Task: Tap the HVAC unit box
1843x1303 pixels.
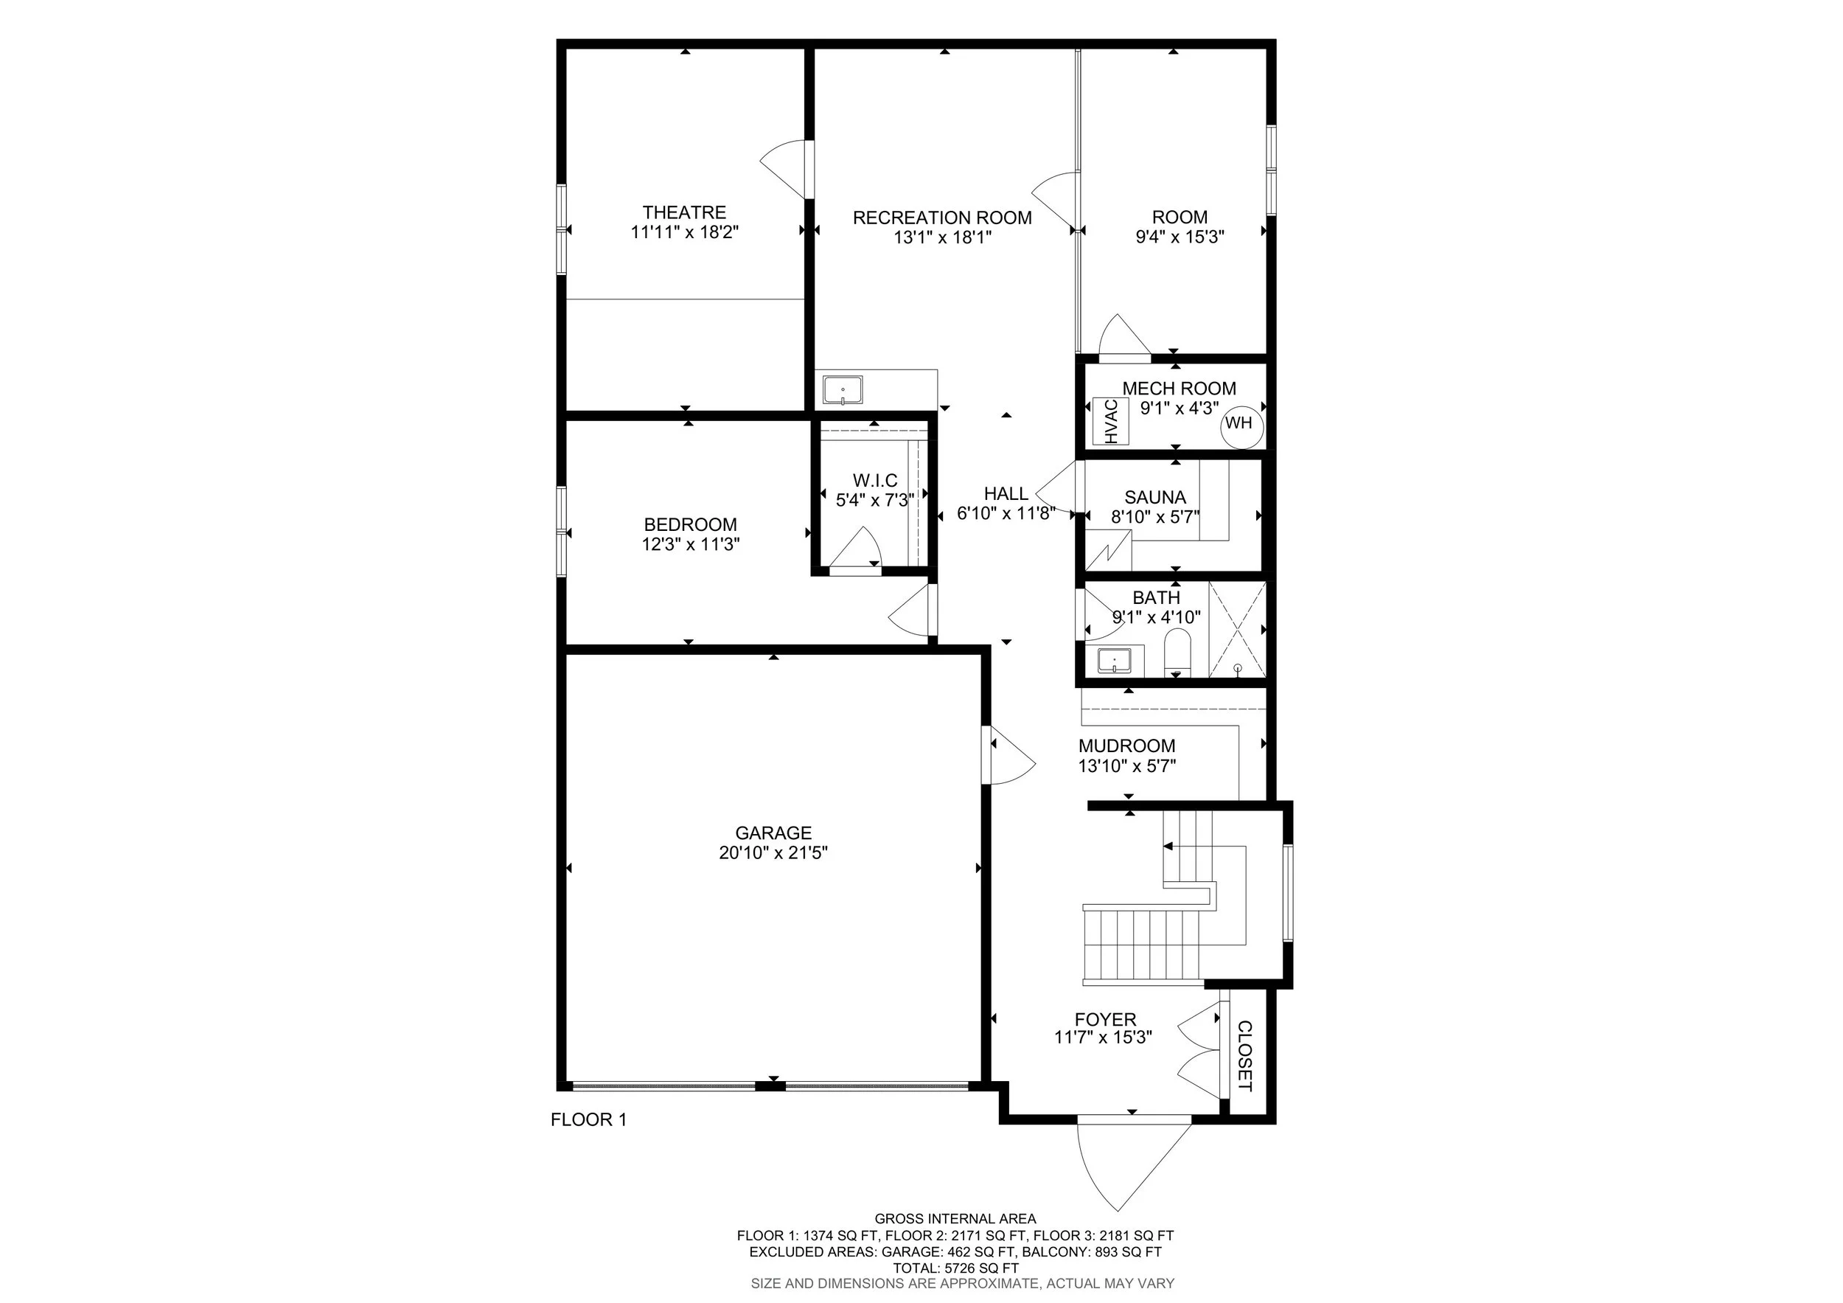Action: [x=1111, y=423]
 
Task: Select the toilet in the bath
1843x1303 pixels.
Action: [x=1177, y=652]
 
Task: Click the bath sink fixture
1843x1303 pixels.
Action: [x=1114, y=661]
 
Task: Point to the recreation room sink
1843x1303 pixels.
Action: [x=843, y=391]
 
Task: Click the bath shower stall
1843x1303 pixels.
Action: [x=1237, y=630]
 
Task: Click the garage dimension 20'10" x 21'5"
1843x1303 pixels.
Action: [x=773, y=853]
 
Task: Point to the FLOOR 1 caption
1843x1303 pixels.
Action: [x=588, y=1120]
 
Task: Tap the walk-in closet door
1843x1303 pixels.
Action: [x=856, y=552]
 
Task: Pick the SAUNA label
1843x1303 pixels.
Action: [x=1155, y=498]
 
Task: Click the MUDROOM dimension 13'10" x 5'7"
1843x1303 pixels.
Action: [x=1127, y=767]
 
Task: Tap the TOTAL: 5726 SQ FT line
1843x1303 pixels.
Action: [x=955, y=1268]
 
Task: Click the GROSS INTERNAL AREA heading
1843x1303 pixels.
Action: [x=955, y=1219]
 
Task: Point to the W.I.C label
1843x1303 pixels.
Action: [x=875, y=481]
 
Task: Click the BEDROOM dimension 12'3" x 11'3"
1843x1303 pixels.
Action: [x=690, y=545]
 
